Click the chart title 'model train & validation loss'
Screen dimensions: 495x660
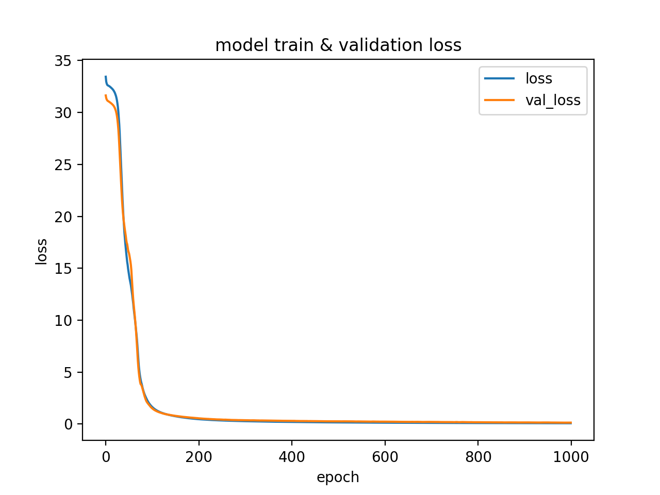pyautogui.click(x=338, y=46)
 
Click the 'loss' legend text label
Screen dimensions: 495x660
pyautogui.click(x=538, y=79)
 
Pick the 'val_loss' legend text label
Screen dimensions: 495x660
pyautogui.click(x=552, y=101)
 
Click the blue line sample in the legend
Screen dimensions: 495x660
pyautogui.click(x=499, y=79)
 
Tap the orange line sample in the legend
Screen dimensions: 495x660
pyautogui.click(x=499, y=100)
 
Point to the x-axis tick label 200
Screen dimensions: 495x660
pyautogui.click(x=199, y=457)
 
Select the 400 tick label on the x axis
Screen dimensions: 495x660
pyautogui.click(x=292, y=457)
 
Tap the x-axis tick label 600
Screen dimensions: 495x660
pyautogui.click(x=385, y=457)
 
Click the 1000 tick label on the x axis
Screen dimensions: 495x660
pyautogui.click(x=571, y=457)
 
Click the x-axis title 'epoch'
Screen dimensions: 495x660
pyautogui.click(x=338, y=477)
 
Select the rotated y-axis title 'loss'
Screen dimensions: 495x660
pyautogui.click(x=41, y=251)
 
